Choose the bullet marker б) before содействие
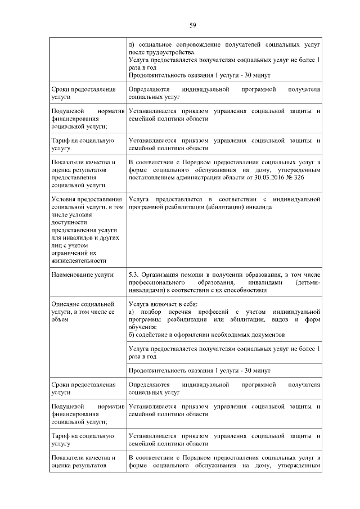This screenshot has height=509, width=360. point(132,335)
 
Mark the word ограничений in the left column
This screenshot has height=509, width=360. point(70,253)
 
